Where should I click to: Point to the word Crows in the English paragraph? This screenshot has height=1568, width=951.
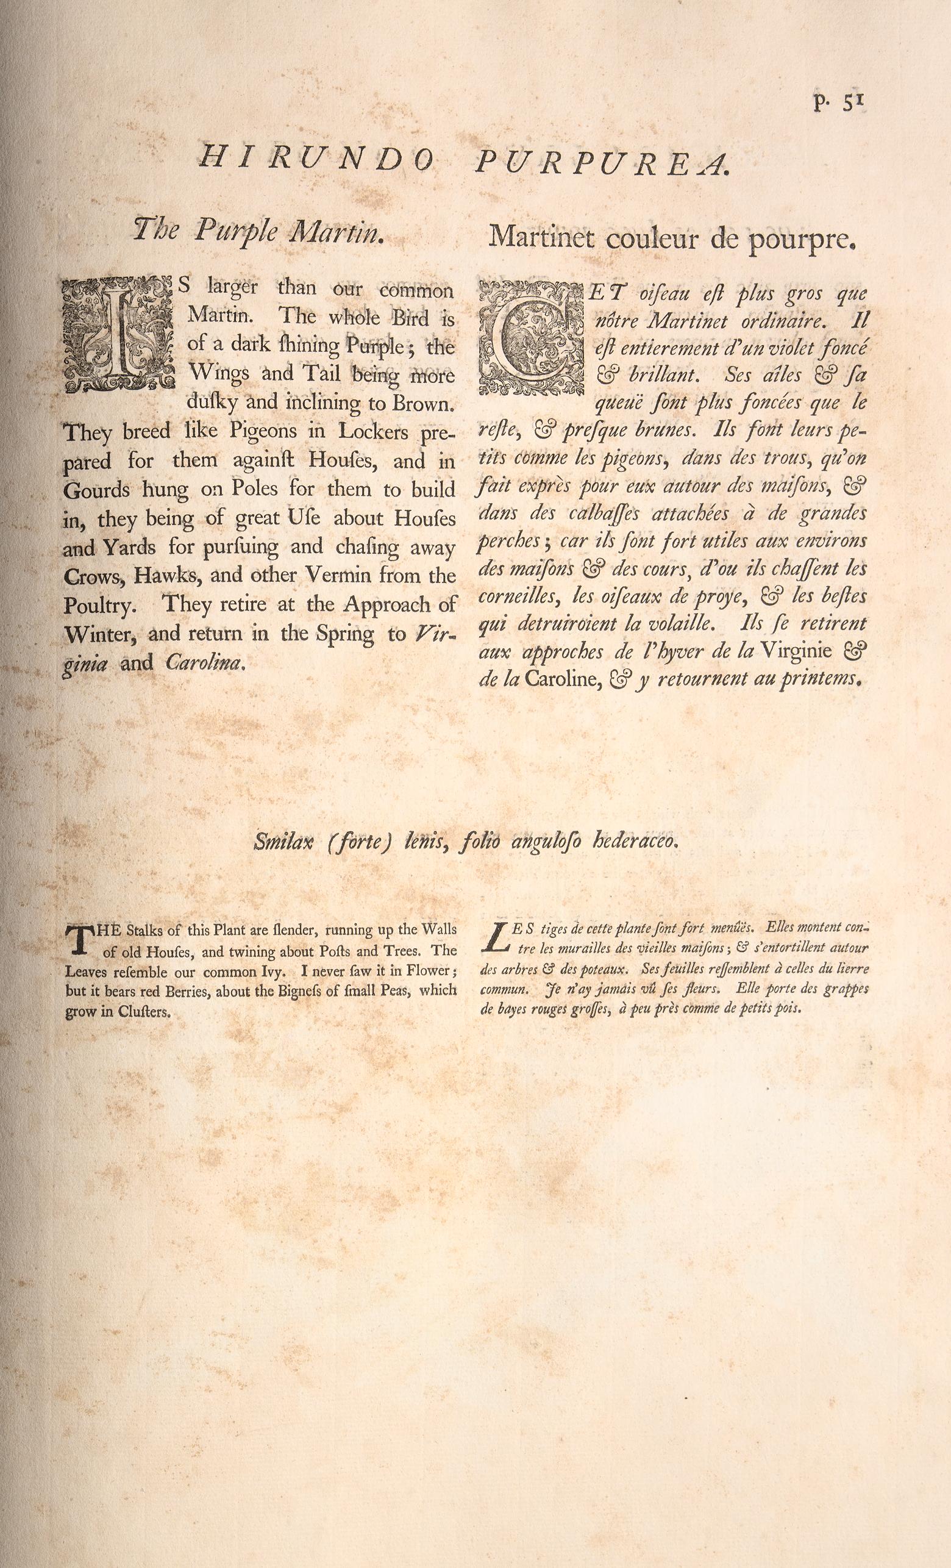click(x=90, y=576)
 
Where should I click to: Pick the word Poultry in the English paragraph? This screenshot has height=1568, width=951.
click(x=97, y=605)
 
